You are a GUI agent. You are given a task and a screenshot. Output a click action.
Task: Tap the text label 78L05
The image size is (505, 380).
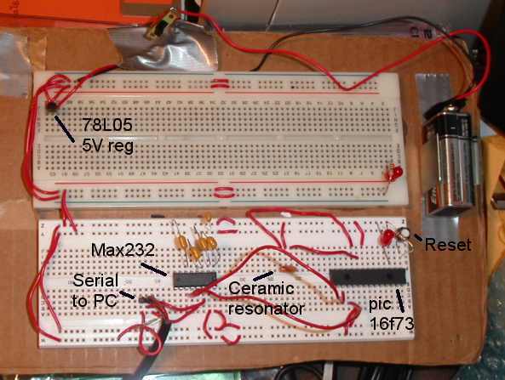(107, 124)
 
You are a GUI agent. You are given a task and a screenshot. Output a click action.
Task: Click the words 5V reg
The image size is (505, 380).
(107, 146)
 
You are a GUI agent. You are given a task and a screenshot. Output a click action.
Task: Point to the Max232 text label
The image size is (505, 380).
(123, 250)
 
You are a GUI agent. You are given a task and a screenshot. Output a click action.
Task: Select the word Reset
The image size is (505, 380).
(448, 245)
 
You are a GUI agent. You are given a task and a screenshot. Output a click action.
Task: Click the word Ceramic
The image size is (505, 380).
(261, 288)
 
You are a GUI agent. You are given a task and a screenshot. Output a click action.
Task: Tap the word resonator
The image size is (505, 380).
(266, 309)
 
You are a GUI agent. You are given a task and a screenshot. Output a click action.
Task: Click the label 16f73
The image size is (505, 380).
(391, 323)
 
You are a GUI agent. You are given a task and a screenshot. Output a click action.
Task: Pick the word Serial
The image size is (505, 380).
(95, 281)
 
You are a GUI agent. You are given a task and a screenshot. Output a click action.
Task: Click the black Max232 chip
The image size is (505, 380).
(194, 279)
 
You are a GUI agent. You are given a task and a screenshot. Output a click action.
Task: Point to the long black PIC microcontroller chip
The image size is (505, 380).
(368, 276)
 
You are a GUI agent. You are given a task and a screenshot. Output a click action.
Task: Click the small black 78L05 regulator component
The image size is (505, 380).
(51, 105)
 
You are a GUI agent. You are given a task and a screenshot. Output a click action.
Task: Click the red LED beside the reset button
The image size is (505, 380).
(387, 238)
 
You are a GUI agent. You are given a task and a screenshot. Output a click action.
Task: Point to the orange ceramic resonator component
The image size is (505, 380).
(285, 269)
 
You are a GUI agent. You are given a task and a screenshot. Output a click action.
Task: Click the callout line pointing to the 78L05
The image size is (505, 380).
(65, 128)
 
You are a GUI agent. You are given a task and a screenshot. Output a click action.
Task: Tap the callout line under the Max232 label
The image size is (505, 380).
(153, 269)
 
